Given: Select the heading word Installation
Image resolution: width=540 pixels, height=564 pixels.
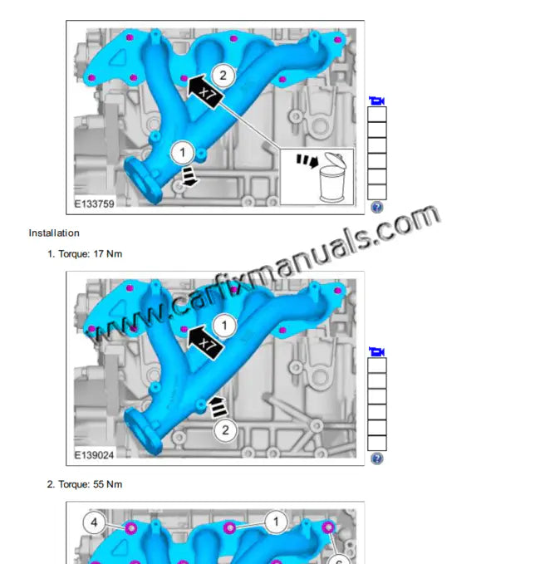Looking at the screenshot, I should tap(54, 233).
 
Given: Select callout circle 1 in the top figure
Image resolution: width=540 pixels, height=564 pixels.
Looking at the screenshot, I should tap(183, 153).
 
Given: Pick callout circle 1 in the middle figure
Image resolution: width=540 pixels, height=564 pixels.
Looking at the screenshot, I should tap(223, 325).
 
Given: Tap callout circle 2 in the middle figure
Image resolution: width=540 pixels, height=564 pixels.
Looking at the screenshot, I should tap(225, 429).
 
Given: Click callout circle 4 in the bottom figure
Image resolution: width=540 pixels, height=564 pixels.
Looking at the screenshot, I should tap(94, 522).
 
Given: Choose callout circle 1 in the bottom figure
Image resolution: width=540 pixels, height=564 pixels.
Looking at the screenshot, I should tap(276, 522).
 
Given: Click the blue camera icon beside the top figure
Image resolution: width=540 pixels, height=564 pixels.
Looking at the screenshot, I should tap(376, 101).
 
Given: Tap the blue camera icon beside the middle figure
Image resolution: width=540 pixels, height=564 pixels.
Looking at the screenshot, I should tap(376, 351).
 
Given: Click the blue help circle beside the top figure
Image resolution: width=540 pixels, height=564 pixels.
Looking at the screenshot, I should tap(376, 207).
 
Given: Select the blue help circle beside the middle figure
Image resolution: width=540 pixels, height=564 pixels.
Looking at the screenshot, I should tap(376, 458).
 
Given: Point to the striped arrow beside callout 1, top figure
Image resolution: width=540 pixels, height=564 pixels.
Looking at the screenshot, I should tap(190, 174).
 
